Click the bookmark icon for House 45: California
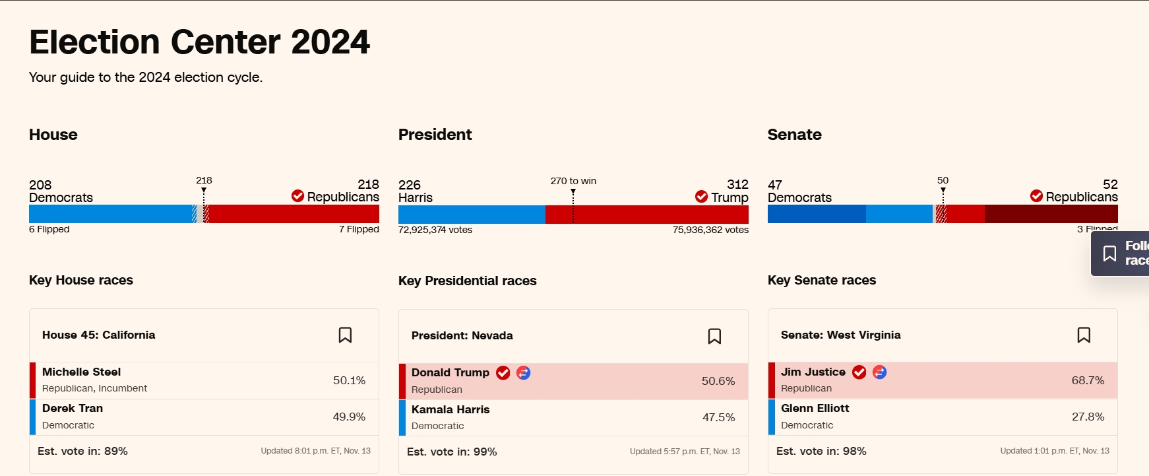pos(345,335)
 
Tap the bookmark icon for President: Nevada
pos(714,336)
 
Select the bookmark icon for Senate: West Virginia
pos(1084,335)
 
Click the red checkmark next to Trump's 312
pos(701,197)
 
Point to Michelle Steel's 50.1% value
pos(349,380)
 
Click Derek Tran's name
pos(73,408)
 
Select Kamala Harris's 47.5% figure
pos(718,417)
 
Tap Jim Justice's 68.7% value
pos(1088,380)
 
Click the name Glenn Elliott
pos(815,408)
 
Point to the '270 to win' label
pos(573,181)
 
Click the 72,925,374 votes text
pos(435,230)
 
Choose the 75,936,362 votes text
pos(710,230)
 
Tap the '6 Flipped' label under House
pos(49,229)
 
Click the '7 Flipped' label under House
pos(359,229)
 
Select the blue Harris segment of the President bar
pos(472,215)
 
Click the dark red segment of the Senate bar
pos(1051,214)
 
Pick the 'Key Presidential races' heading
pos(467,281)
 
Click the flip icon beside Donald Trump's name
pos(523,373)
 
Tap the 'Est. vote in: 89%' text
pos(82,451)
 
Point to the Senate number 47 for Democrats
pos(775,185)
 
